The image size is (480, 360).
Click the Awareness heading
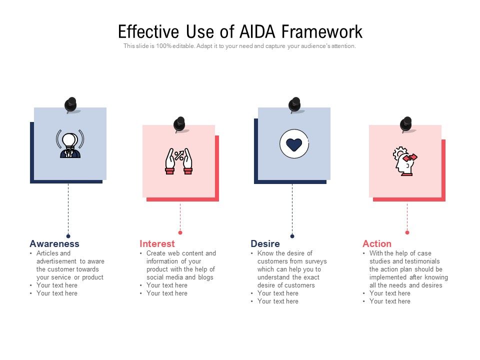click(x=54, y=244)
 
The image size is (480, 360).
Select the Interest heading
click(x=157, y=244)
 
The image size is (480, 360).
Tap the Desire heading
click(x=265, y=244)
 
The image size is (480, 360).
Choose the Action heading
click(x=377, y=244)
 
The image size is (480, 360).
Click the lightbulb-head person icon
click(x=70, y=144)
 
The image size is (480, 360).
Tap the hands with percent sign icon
click(x=179, y=161)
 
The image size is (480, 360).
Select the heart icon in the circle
click(x=294, y=144)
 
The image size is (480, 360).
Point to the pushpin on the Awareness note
click(x=71, y=104)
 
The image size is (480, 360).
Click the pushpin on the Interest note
click(x=179, y=124)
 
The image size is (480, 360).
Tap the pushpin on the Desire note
click(x=295, y=104)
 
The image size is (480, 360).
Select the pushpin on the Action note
click(x=406, y=124)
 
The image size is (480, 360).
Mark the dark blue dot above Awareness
click(x=68, y=236)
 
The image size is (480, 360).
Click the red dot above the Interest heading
click(x=180, y=232)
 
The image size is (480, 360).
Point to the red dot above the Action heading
click(x=407, y=232)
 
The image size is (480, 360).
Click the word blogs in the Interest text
click(x=205, y=277)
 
